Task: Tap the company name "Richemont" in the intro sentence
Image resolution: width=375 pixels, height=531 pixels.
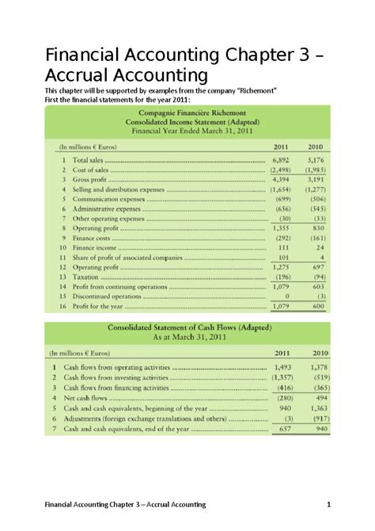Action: click(x=250, y=91)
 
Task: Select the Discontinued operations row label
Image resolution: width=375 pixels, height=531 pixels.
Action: click(x=106, y=296)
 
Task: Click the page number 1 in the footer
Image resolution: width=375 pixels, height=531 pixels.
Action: click(x=327, y=504)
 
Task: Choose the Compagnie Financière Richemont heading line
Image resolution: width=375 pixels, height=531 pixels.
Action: click(x=187, y=114)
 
